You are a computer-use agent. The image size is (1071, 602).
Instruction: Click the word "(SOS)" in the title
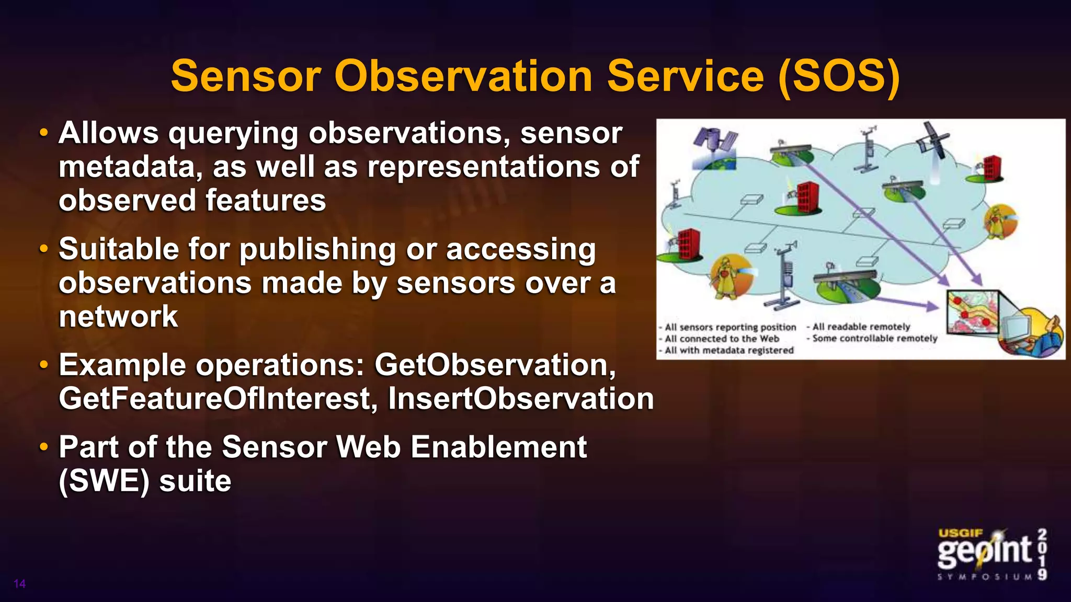839,77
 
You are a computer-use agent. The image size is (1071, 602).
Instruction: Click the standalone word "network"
118,317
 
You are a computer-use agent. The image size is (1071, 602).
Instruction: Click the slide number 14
19,584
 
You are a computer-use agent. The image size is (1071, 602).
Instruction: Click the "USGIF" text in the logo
960,534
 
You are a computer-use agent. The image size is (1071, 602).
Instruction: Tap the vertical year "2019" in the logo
1042,554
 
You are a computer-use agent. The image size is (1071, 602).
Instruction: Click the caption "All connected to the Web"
722,339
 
